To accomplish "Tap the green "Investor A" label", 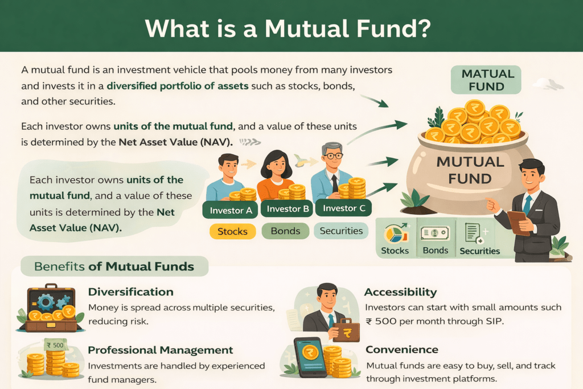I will [x=231, y=210].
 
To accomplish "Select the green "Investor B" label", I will [x=288, y=209].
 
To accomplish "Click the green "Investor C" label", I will [x=344, y=208].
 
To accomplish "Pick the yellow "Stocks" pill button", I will [x=232, y=231].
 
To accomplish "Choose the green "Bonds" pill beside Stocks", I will [x=285, y=231].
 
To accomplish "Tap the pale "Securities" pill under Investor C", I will [x=341, y=231].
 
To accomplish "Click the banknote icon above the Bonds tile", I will [x=435, y=234].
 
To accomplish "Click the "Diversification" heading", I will [x=130, y=292].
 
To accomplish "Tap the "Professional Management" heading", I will [x=161, y=350].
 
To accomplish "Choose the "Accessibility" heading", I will [x=400, y=292].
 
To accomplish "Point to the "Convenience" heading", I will [x=402, y=350].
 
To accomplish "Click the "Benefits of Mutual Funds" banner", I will [x=114, y=267].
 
